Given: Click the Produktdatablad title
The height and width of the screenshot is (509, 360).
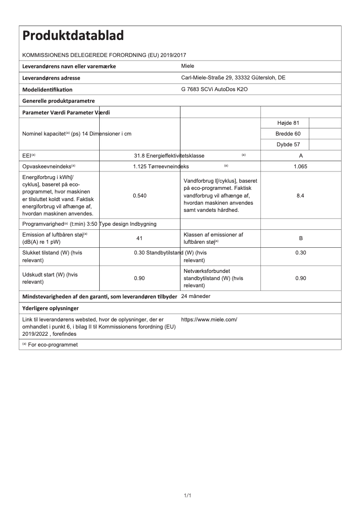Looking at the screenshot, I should click(73, 35).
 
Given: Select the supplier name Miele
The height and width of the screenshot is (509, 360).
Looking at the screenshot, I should click(188, 66).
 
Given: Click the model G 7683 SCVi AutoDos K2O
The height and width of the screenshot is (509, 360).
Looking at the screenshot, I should click(214, 89).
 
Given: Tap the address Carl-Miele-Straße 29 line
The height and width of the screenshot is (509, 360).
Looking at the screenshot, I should click(233, 78).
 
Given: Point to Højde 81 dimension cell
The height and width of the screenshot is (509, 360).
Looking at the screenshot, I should click(285, 123).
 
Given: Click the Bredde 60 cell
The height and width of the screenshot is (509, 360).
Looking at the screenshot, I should click(285, 134).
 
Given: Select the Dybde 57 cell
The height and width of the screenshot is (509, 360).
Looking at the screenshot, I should click(285, 145).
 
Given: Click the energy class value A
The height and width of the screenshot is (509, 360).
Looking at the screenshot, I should click(301, 156).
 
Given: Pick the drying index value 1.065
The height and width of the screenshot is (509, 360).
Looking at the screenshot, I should click(301, 167).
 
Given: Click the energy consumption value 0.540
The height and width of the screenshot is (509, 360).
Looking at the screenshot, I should click(139, 196).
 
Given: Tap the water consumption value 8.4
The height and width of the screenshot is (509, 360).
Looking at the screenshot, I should click(301, 196).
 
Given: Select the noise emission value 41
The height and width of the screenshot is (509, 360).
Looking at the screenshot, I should click(139, 238).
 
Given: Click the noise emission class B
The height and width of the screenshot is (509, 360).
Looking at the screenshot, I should click(301, 238).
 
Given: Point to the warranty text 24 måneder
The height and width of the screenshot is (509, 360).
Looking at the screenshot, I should click(196, 297).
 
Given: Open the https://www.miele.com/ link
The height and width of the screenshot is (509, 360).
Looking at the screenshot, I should click(209, 320).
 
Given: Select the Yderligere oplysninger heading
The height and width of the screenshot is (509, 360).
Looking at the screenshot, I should click(50, 308).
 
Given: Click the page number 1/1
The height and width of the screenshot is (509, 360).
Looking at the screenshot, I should click(188, 495).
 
